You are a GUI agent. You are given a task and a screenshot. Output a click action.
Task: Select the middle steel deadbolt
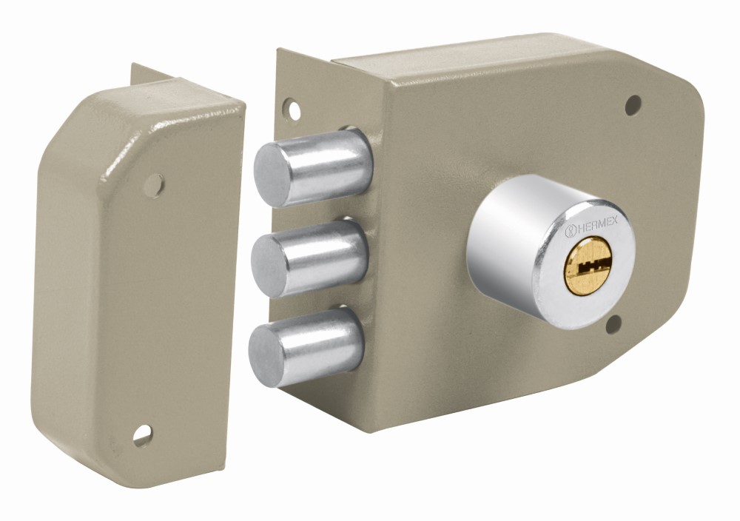pos(310,258)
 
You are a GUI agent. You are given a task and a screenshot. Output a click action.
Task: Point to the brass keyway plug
pos(588,265)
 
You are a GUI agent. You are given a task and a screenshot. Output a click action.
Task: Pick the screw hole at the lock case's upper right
pos(633,105)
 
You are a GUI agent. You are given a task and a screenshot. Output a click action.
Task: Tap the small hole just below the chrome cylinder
pos(613,325)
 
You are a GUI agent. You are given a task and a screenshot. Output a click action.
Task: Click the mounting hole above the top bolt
pos(293,110)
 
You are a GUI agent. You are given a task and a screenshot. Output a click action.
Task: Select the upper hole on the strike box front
pos(155,185)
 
